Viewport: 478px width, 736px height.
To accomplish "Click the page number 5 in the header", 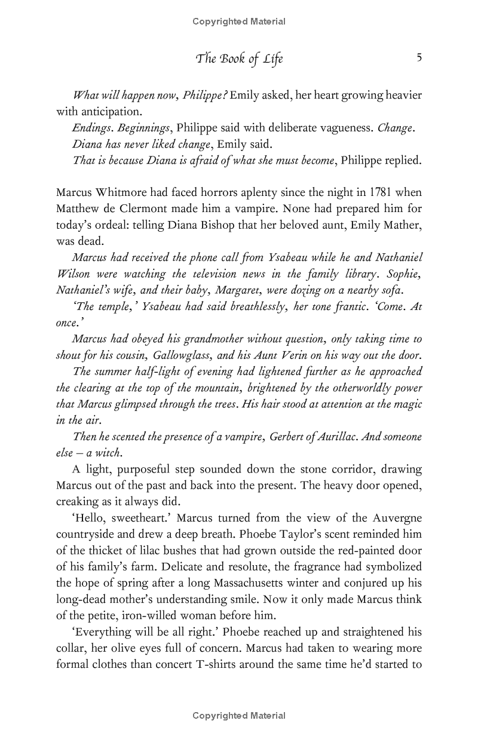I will pyautogui.click(x=419, y=58).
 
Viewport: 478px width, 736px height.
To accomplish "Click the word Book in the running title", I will pyautogui.click(x=235, y=59).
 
